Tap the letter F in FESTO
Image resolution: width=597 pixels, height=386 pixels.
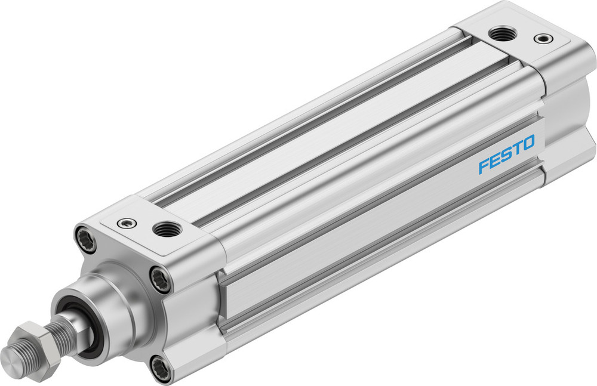point(484,165)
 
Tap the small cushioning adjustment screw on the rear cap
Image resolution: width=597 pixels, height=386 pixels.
point(542,39)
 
